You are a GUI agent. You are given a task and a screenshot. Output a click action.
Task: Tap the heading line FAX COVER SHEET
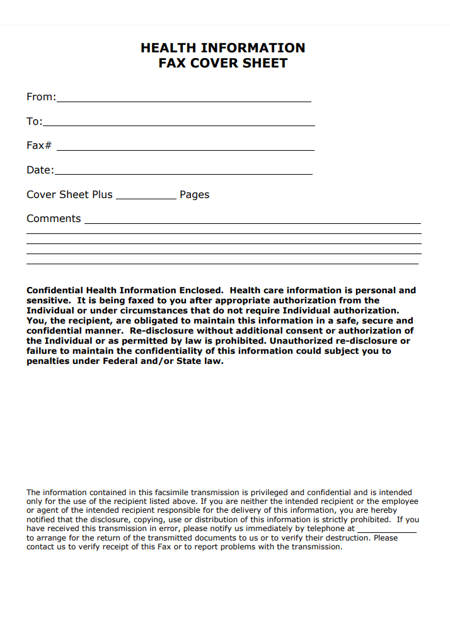click(x=223, y=63)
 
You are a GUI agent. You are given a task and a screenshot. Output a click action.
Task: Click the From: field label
click(x=41, y=96)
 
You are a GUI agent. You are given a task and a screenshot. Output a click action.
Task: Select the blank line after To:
click(x=179, y=125)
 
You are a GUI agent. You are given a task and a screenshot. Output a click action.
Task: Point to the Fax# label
click(x=39, y=145)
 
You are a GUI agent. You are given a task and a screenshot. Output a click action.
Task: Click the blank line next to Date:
click(x=183, y=173)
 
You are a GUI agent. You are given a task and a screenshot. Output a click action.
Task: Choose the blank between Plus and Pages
click(x=146, y=198)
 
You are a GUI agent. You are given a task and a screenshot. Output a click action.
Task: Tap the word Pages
click(x=194, y=195)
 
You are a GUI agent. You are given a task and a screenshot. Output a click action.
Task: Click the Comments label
click(x=54, y=219)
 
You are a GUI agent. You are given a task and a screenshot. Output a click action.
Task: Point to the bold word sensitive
click(x=47, y=300)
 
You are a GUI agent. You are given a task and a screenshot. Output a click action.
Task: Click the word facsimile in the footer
click(x=163, y=493)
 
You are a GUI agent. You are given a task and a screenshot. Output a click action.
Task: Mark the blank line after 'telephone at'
click(x=387, y=532)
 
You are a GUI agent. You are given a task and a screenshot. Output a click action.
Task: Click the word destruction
click(x=347, y=538)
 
